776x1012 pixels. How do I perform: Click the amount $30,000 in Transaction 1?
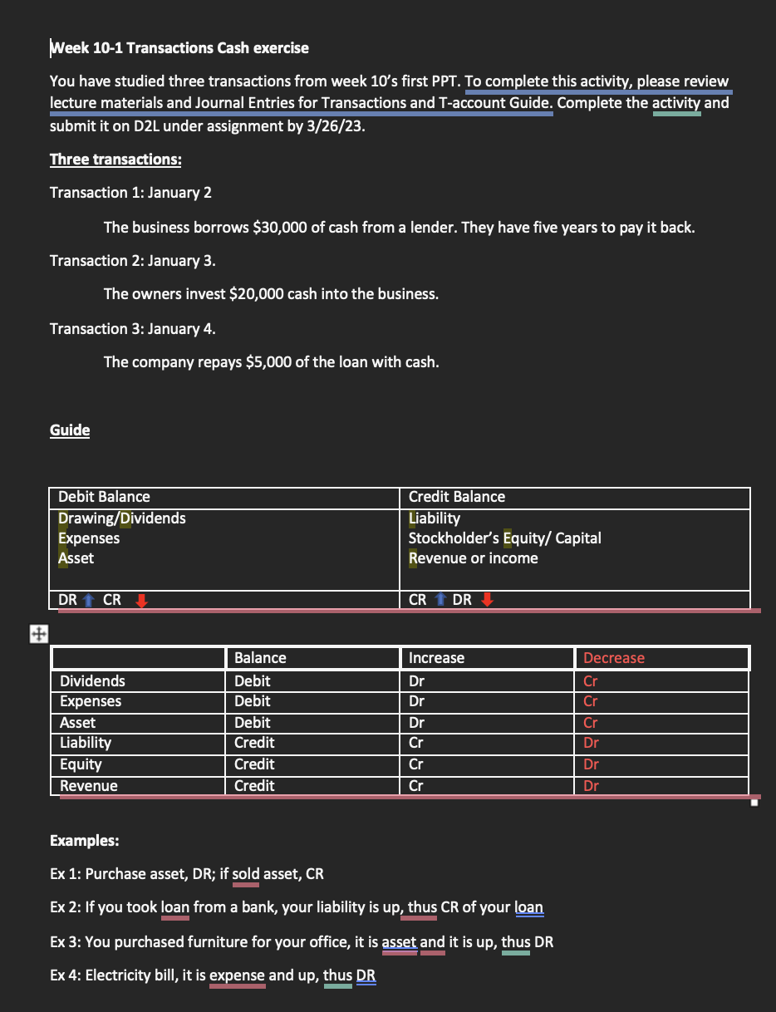(x=280, y=227)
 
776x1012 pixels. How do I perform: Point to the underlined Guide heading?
(x=70, y=430)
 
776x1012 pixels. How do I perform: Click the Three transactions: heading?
(x=115, y=159)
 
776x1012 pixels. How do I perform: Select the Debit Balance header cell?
(x=104, y=497)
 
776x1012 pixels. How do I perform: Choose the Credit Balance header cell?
(x=457, y=497)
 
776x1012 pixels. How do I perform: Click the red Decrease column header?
(x=614, y=658)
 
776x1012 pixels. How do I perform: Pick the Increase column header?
(x=437, y=658)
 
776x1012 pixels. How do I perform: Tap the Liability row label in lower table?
(x=86, y=743)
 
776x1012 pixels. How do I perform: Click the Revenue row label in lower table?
(x=89, y=786)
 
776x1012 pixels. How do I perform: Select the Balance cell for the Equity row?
(x=254, y=764)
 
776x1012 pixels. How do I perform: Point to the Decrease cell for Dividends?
(x=591, y=681)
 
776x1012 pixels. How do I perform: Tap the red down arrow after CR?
(x=140, y=600)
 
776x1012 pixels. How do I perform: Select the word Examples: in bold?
(x=85, y=840)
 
